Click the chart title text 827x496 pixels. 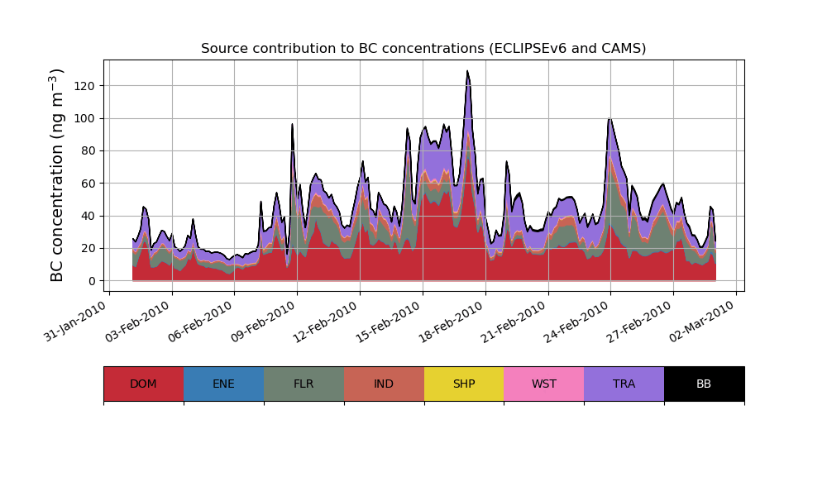coord(423,49)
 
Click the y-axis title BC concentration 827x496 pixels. coord(57,175)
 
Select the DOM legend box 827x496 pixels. coord(143,384)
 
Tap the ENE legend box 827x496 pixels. coord(223,384)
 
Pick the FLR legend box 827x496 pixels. coord(304,384)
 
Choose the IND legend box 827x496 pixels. coord(384,384)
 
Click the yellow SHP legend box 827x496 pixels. coord(464,384)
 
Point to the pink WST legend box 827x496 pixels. coord(544,384)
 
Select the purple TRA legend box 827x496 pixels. coord(624,384)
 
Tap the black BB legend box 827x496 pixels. coord(704,384)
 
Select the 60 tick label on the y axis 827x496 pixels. coord(89,184)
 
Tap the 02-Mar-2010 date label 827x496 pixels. coord(703,321)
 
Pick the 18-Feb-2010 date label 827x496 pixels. coord(452,321)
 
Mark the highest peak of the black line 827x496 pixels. coord(467,71)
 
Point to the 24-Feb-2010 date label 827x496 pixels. coord(578,321)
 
